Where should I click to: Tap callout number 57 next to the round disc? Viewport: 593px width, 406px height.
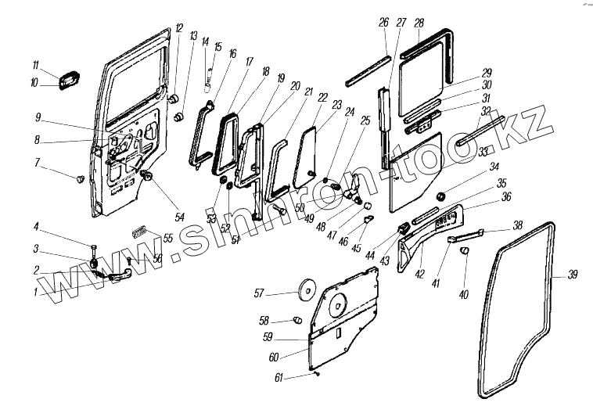tap(259, 294)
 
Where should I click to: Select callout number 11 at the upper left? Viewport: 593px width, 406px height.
tap(35, 64)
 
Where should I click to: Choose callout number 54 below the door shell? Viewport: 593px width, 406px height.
tap(180, 217)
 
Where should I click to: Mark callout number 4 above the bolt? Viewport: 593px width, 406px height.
tap(36, 228)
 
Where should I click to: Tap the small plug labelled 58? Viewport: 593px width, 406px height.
tap(297, 320)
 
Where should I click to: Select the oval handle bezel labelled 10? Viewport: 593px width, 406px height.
tap(66, 80)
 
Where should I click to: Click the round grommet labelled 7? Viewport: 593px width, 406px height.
tap(79, 179)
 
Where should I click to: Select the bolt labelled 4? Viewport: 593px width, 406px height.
tap(94, 250)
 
